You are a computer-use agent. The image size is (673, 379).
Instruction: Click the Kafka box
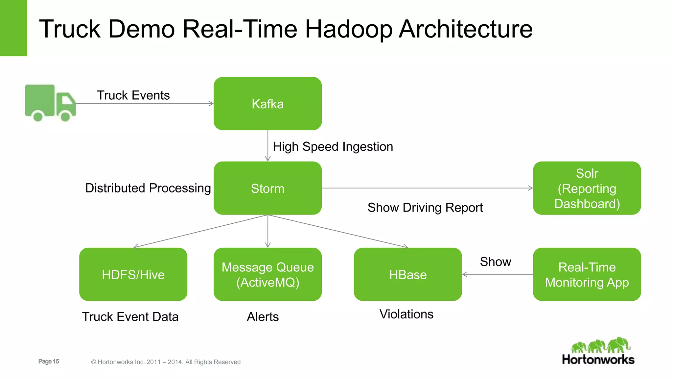click(267, 104)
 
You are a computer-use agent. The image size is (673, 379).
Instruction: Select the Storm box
click(267, 188)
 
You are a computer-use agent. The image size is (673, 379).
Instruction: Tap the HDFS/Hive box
click(133, 274)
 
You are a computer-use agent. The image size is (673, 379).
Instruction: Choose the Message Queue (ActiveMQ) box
click(267, 274)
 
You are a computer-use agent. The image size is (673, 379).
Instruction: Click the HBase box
click(408, 274)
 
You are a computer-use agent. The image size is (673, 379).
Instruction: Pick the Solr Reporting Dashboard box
click(587, 188)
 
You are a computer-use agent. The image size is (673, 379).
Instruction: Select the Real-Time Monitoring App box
click(587, 274)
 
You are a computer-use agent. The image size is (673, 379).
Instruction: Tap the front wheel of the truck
click(65, 116)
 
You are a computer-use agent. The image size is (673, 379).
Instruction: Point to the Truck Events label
click(133, 95)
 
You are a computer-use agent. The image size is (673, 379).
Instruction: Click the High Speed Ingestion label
click(333, 147)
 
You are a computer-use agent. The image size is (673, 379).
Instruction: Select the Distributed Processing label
click(148, 188)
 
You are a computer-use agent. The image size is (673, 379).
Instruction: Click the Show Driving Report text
click(425, 208)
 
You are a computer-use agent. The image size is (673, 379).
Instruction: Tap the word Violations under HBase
click(406, 314)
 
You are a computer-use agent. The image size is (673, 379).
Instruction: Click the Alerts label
click(263, 317)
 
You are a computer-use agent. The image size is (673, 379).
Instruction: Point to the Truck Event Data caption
click(130, 317)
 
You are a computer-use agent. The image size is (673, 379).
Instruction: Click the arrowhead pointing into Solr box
click(530, 188)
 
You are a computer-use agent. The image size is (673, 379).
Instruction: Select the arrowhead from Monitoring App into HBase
click(464, 274)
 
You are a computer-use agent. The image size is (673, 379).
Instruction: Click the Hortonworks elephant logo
click(601, 345)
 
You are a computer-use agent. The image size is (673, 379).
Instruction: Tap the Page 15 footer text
click(49, 361)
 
